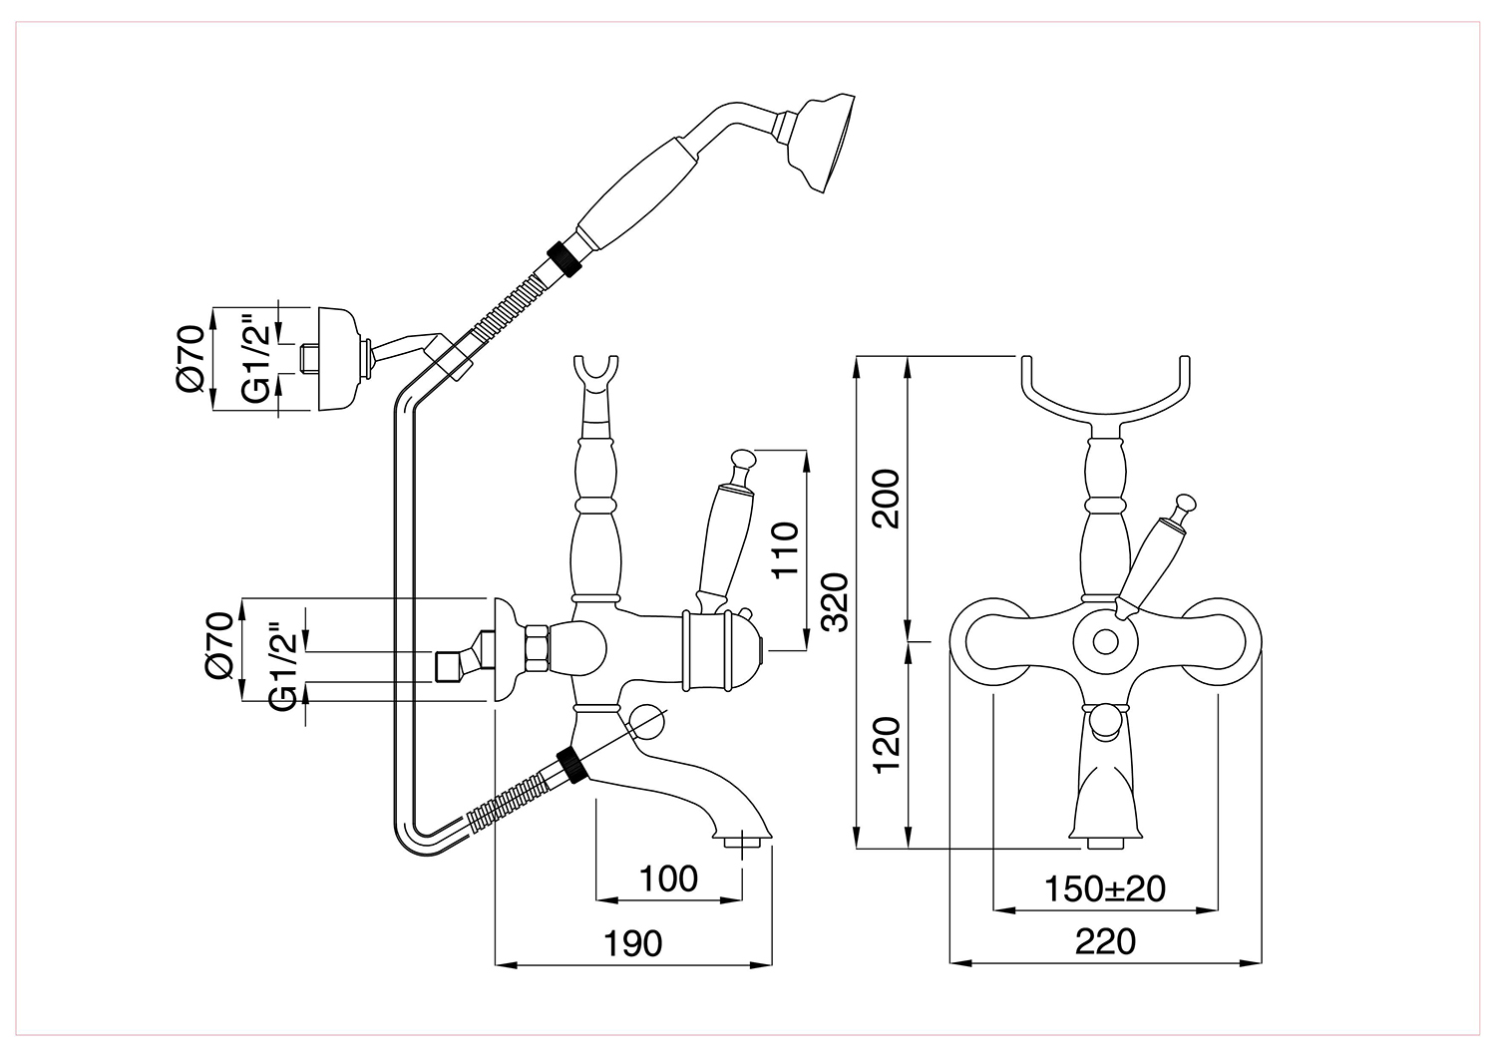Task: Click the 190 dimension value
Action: pyautogui.click(x=632, y=943)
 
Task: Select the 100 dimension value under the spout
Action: pyautogui.click(x=668, y=879)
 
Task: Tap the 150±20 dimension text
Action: pyautogui.click(x=1105, y=888)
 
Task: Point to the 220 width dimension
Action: pyautogui.click(x=1105, y=942)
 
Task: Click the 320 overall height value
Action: pyautogui.click(x=834, y=602)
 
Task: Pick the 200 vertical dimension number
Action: pyautogui.click(x=887, y=499)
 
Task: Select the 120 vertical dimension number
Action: pyautogui.click(x=887, y=745)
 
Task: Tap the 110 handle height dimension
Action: pyautogui.click(x=786, y=550)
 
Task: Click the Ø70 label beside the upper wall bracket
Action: pyautogui.click(x=190, y=359)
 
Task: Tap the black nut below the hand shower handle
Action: pyautogui.click(x=564, y=258)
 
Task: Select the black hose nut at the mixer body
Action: pyautogui.click(x=573, y=765)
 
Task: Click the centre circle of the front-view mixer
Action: pyautogui.click(x=1105, y=642)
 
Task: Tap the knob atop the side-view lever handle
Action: pyautogui.click(x=743, y=459)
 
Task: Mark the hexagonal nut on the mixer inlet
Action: pyautogui.click(x=537, y=647)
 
